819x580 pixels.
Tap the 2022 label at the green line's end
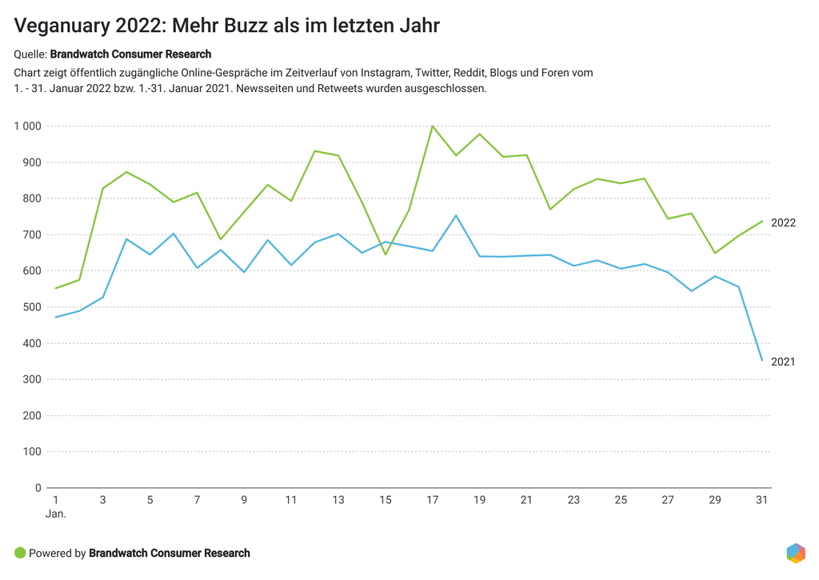(783, 223)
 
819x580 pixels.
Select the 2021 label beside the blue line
(783, 362)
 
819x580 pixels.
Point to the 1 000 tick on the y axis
(27, 126)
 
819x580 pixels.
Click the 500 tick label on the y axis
(32, 307)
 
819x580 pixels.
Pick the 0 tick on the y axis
(38, 488)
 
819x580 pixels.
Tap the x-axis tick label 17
(433, 500)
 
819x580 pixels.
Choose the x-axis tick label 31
(762, 500)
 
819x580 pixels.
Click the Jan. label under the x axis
(56, 514)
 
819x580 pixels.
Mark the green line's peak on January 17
(433, 126)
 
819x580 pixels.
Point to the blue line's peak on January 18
(456, 215)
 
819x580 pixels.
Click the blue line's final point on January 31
(762, 360)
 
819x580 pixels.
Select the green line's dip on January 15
(386, 254)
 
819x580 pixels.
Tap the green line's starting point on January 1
(56, 288)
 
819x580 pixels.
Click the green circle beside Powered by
(20, 553)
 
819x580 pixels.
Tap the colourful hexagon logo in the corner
(795, 553)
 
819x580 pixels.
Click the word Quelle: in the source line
(30, 54)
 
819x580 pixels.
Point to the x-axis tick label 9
(244, 500)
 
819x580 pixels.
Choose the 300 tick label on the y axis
(32, 379)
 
